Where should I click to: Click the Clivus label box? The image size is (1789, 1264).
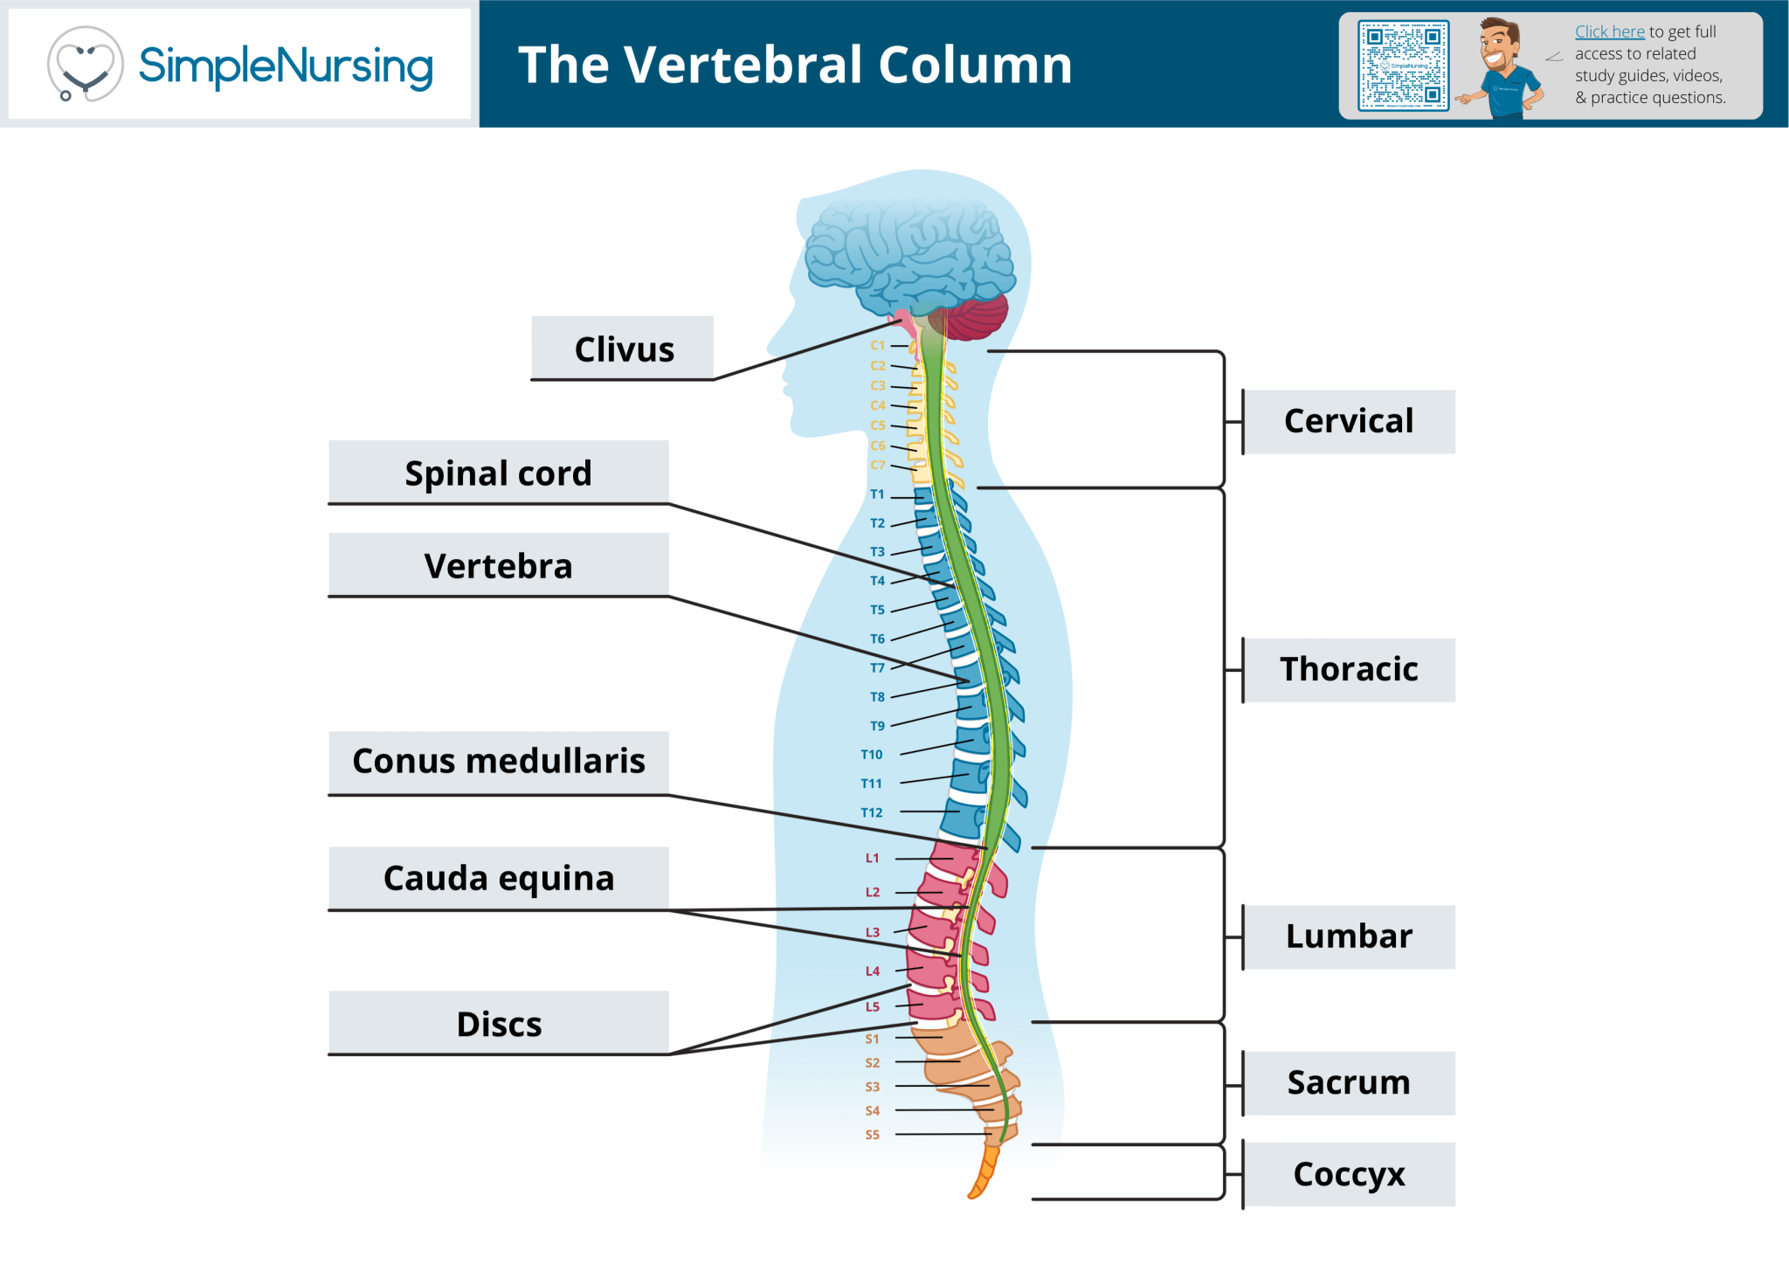point(622,349)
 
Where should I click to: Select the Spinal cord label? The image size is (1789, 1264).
point(499,473)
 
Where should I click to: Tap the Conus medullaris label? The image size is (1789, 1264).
point(499,761)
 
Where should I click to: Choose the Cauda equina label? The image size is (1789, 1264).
point(499,878)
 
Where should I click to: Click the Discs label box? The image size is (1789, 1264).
point(499,1024)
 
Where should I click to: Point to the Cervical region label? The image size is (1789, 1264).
point(1349,422)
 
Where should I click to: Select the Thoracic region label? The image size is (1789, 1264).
point(1349,670)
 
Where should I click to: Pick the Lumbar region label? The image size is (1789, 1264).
point(1349,937)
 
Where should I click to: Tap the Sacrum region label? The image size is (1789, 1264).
point(1349,1083)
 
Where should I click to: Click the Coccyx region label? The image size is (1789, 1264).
point(1349,1175)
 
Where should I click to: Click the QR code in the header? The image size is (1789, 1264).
point(1403,66)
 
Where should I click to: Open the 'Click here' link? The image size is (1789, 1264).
point(1609,31)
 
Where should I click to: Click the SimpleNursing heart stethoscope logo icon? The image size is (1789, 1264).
point(85,64)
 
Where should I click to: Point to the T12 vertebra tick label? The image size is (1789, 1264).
point(872,812)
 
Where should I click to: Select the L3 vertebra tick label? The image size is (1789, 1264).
point(873,932)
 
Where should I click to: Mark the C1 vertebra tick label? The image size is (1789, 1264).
point(878,345)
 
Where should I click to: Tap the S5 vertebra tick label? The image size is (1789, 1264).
point(873,1135)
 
